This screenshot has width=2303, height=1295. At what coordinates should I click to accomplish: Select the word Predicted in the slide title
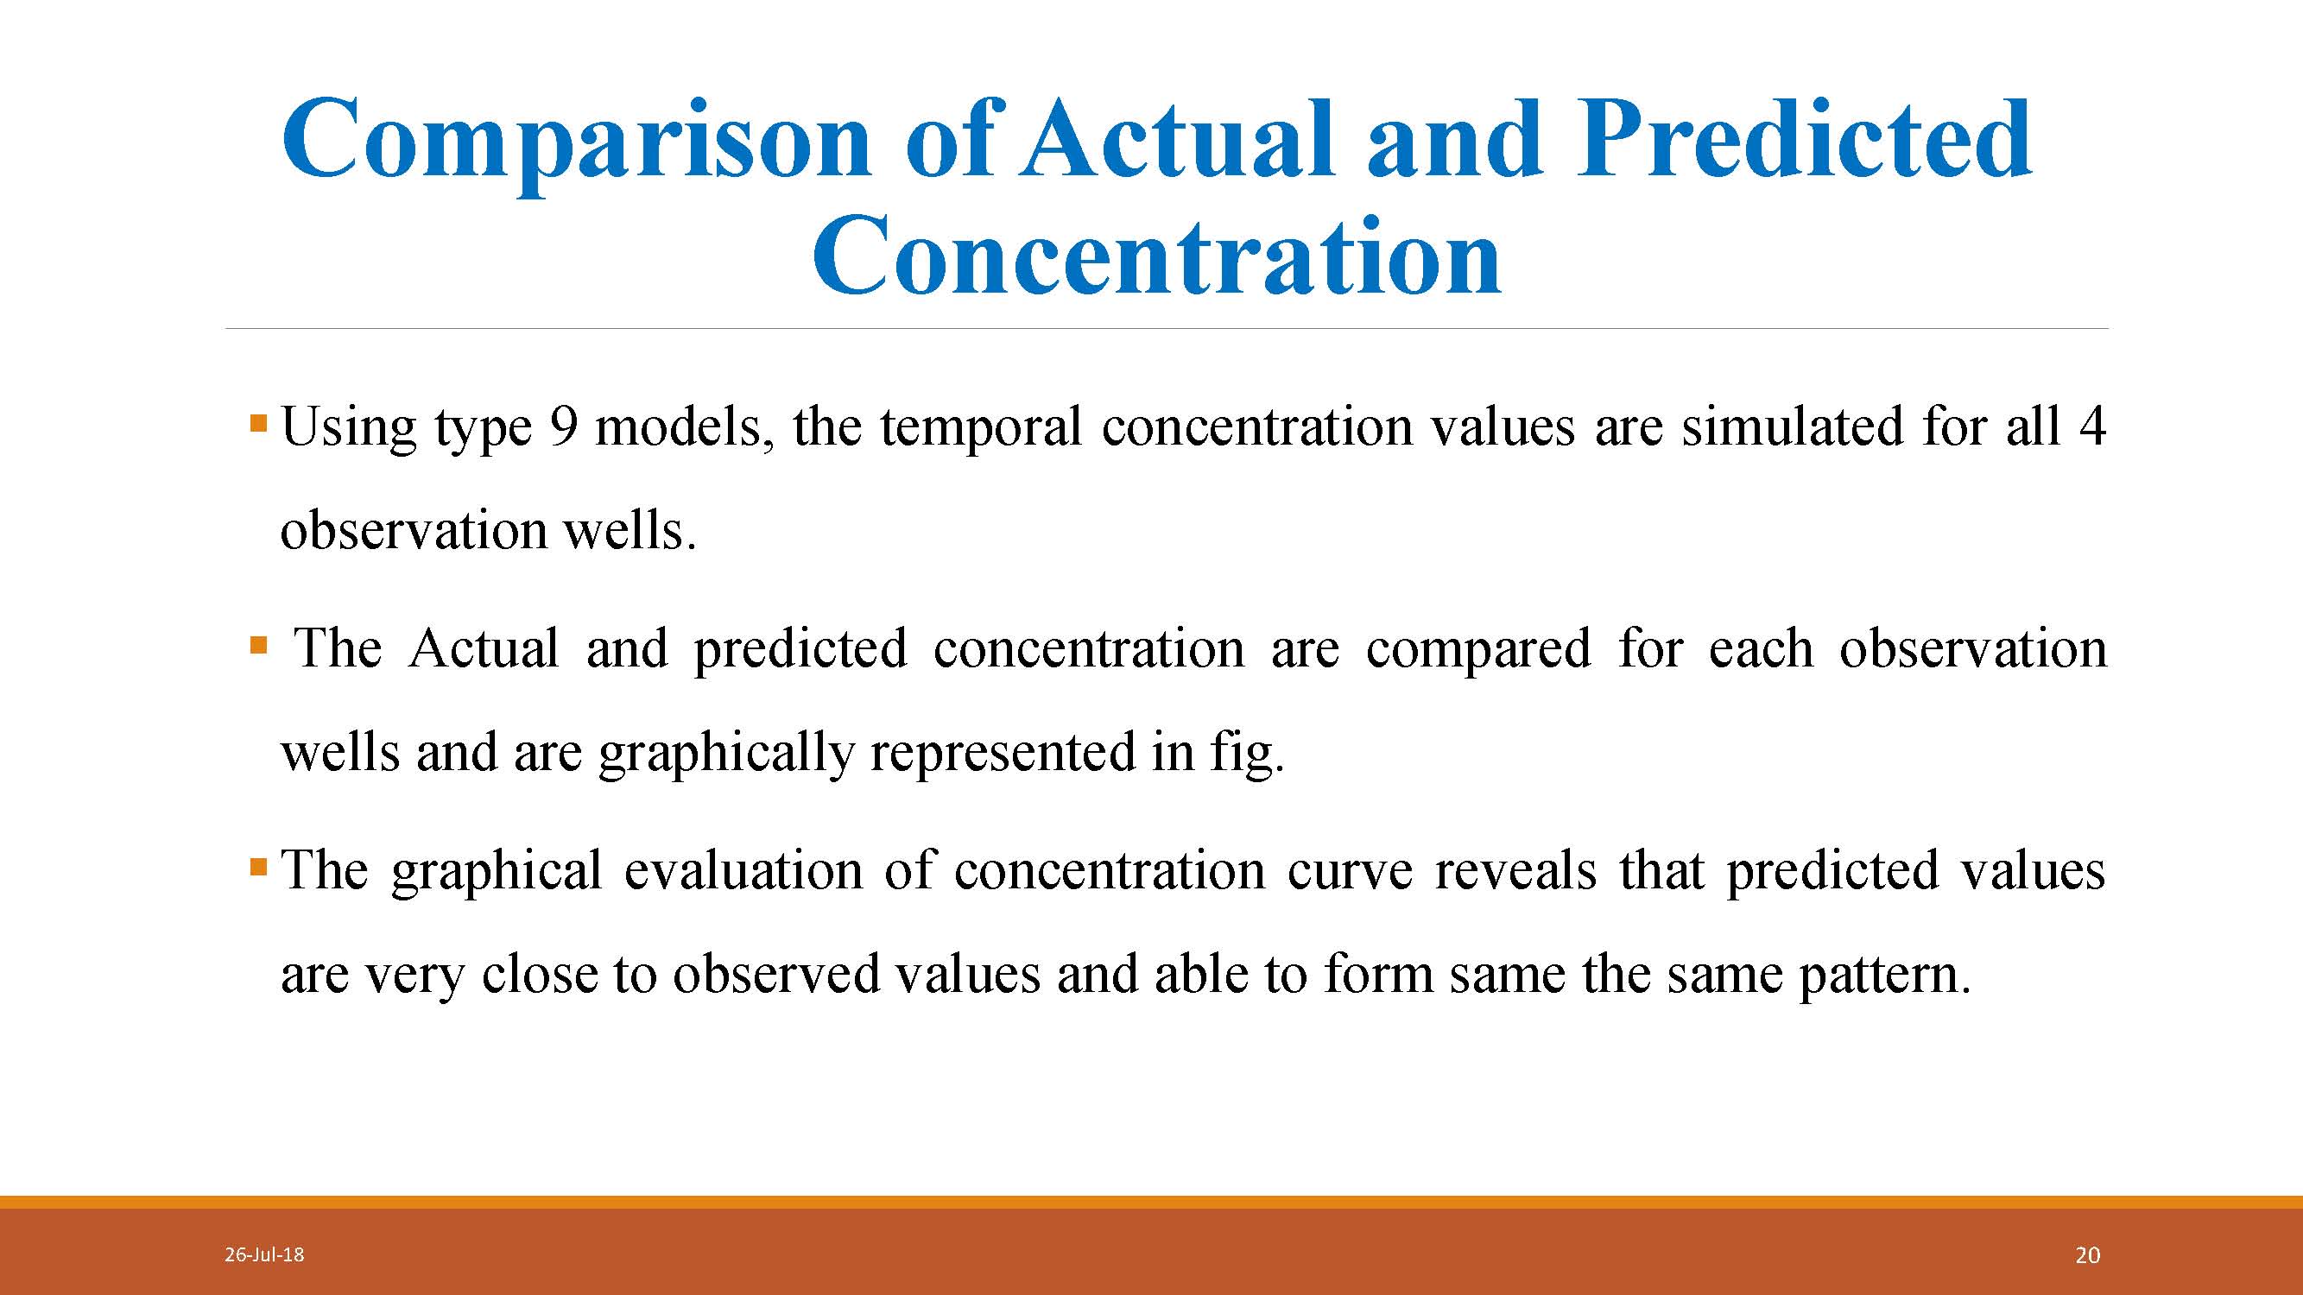[1803, 137]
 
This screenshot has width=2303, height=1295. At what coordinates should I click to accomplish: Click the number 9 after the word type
[563, 426]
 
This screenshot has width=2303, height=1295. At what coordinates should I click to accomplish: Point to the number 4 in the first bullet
[2092, 426]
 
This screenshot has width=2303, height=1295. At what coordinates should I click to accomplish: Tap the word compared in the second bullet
[1477, 651]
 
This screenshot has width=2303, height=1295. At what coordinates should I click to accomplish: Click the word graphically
[726, 754]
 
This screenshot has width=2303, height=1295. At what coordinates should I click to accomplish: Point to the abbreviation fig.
[1247, 754]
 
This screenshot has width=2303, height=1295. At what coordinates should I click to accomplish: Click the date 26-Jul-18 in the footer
[263, 1254]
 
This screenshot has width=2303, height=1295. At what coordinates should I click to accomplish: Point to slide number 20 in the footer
[2087, 1255]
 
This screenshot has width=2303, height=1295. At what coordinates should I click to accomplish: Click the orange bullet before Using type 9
[259, 423]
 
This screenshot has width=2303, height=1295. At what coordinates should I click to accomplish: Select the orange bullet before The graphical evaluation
[259, 866]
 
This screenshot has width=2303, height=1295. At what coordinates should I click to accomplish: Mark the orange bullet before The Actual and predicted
[259, 644]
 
